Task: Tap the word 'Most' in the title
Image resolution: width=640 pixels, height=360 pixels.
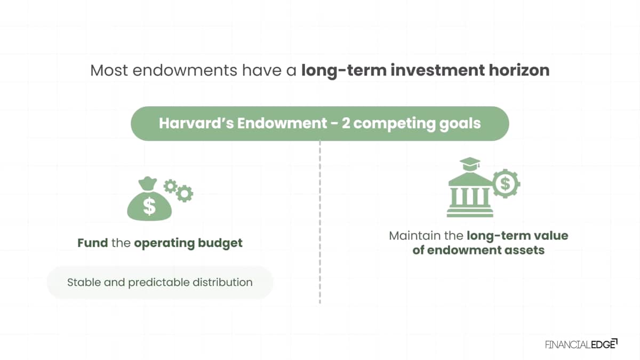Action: click(109, 70)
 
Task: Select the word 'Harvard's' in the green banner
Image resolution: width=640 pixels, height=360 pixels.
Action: click(196, 123)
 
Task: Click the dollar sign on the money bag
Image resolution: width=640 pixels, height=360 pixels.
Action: click(149, 206)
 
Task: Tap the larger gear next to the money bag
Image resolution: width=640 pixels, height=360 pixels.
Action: click(185, 194)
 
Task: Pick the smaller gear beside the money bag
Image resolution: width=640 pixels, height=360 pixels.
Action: click(170, 186)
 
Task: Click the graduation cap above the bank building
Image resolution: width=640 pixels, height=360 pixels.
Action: click(470, 164)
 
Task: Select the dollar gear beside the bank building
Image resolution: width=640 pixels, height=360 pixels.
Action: click(506, 183)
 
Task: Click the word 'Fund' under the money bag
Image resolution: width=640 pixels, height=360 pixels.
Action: click(93, 243)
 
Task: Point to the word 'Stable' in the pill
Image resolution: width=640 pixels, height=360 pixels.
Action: click(84, 282)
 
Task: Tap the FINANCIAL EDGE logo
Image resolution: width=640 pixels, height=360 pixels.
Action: click(581, 345)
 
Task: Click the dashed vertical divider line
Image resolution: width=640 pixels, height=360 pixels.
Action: click(320, 222)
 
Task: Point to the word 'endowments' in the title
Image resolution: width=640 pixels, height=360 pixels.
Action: click(185, 70)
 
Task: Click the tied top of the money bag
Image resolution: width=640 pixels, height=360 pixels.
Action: click(147, 183)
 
